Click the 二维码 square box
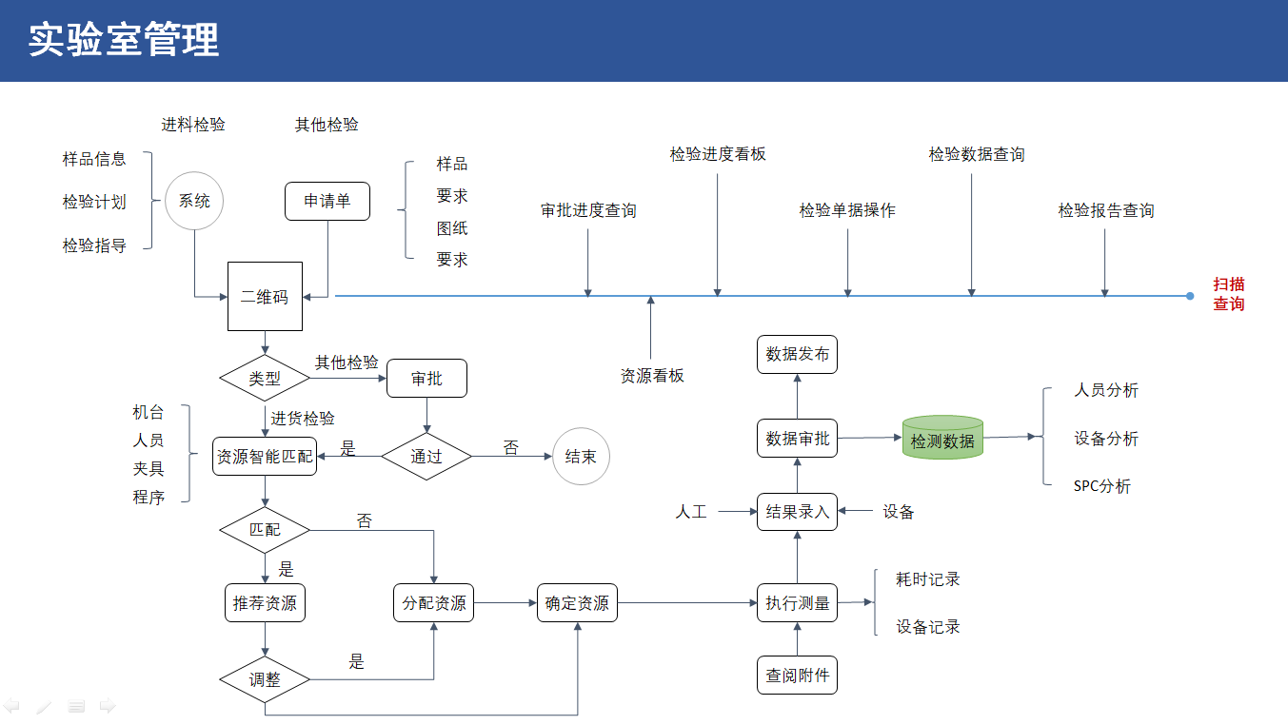[x=265, y=296]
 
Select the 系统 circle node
[x=194, y=201]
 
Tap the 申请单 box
[x=327, y=201]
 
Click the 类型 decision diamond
[x=265, y=378]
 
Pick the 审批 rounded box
[x=426, y=378]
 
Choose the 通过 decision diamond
[x=426, y=457]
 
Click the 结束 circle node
[x=581, y=457]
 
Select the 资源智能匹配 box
[x=265, y=457]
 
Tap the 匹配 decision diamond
[x=265, y=529]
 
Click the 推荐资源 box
[x=265, y=602]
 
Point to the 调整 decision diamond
[x=265, y=680]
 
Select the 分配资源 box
[x=434, y=602]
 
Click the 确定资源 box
[x=577, y=602]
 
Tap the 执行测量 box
[x=798, y=602]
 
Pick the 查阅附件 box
[x=798, y=676]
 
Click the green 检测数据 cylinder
[x=942, y=439]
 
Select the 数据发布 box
[x=798, y=354]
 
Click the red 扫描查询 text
[x=1228, y=294]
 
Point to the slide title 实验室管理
[x=124, y=40]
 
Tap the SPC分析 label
[x=1102, y=486]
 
